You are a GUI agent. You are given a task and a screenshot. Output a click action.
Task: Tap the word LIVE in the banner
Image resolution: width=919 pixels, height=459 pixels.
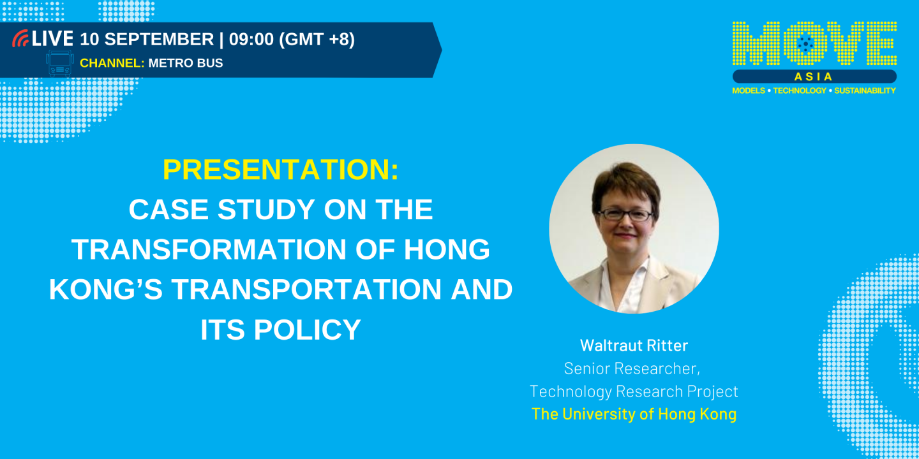(x=52, y=39)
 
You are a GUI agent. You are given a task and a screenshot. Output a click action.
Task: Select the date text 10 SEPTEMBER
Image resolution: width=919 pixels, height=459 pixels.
(x=147, y=40)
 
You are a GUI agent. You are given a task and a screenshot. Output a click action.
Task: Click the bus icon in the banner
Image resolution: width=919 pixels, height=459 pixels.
(x=60, y=63)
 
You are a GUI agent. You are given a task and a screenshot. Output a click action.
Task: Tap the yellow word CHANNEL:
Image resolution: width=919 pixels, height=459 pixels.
(x=112, y=63)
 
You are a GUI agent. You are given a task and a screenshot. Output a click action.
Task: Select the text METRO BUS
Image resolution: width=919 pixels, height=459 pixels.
(x=186, y=63)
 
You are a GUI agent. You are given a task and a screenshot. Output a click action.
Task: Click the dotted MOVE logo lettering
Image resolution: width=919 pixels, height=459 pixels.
(x=814, y=43)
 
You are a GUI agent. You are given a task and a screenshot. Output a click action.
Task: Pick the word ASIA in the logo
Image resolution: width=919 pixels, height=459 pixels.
(x=814, y=76)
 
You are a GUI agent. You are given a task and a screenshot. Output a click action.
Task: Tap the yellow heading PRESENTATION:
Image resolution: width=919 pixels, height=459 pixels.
(x=281, y=170)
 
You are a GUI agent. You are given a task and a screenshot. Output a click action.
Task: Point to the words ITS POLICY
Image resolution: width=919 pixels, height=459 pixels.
(x=281, y=330)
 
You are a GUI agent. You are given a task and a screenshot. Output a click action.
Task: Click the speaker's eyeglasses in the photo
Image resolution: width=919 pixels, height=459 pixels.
(x=625, y=215)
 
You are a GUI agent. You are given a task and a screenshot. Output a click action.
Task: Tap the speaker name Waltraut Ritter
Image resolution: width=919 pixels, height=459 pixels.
(x=634, y=346)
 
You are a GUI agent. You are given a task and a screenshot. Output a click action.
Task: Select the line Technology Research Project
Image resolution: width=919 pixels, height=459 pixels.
(x=634, y=391)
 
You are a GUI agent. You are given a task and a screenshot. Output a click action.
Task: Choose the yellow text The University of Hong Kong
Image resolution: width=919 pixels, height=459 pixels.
(x=634, y=414)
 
